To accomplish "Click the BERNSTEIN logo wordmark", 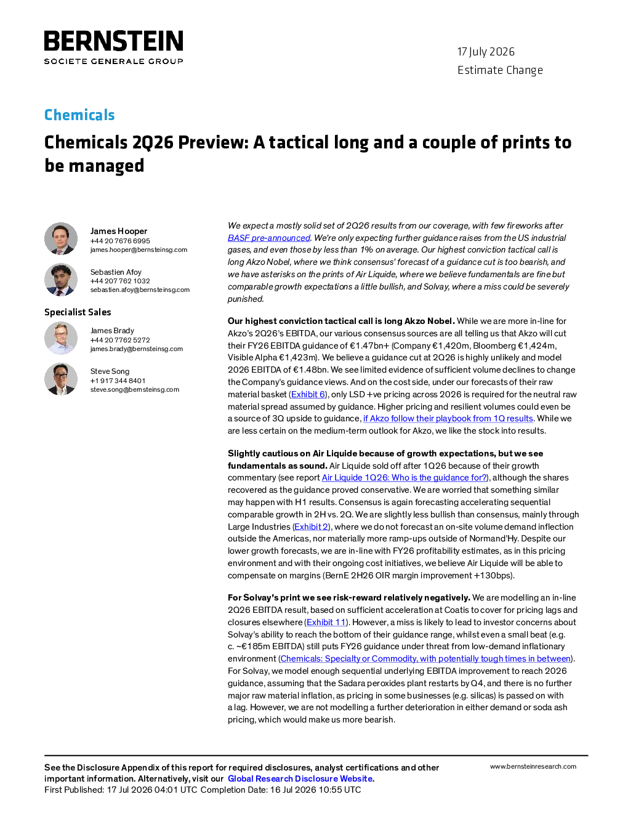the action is click(x=113, y=41).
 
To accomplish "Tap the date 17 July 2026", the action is click(x=486, y=52).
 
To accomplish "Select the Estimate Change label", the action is click(x=500, y=70).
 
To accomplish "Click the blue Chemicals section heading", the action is click(x=79, y=115).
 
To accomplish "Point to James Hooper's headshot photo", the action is click(x=61, y=239).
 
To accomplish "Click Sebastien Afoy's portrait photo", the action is click(x=61, y=280).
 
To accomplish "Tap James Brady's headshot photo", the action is click(x=61, y=338).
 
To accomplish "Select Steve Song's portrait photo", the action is click(x=61, y=379).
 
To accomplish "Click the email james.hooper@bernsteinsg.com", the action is click(x=139, y=249).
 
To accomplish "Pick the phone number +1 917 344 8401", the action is click(x=118, y=381).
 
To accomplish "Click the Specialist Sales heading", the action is click(x=78, y=312).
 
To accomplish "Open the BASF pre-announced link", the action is click(x=269, y=238).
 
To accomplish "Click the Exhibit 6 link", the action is click(x=308, y=394).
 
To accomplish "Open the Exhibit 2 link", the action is click(x=311, y=527).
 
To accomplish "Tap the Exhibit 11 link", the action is click(x=326, y=622).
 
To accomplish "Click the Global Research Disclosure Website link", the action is click(x=300, y=779).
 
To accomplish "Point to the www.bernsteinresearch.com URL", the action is click(x=533, y=766).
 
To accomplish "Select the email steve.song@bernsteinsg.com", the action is click(x=135, y=389).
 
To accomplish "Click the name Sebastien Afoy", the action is click(x=116, y=272).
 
